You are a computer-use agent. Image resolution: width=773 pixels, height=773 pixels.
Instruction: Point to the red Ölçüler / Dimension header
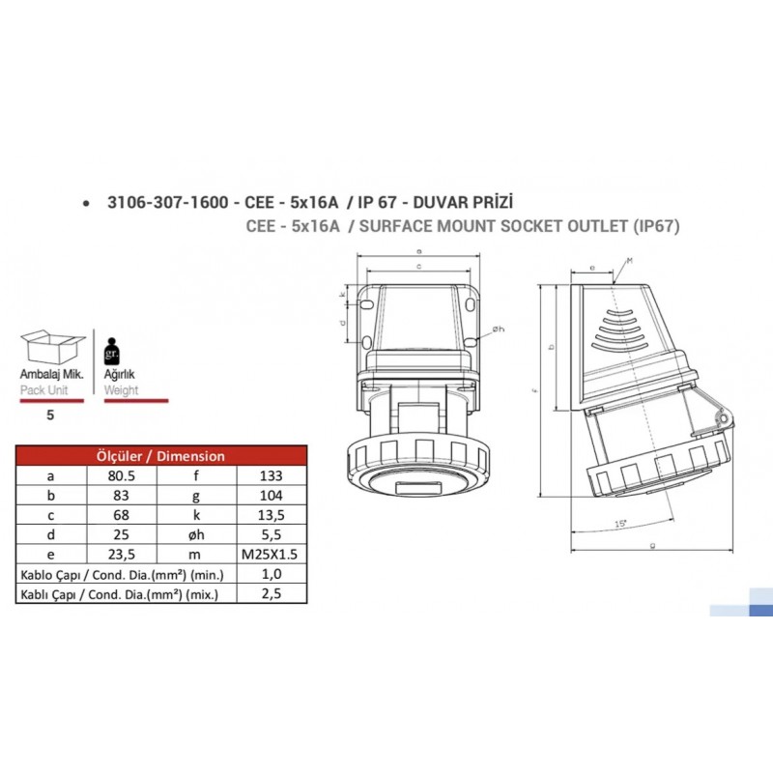(x=161, y=456)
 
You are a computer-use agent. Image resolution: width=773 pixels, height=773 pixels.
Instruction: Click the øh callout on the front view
(x=498, y=330)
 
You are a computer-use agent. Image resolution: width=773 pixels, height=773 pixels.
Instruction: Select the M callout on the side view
(x=629, y=262)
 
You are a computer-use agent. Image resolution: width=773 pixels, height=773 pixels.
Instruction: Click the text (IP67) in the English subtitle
(x=656, y=227)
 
